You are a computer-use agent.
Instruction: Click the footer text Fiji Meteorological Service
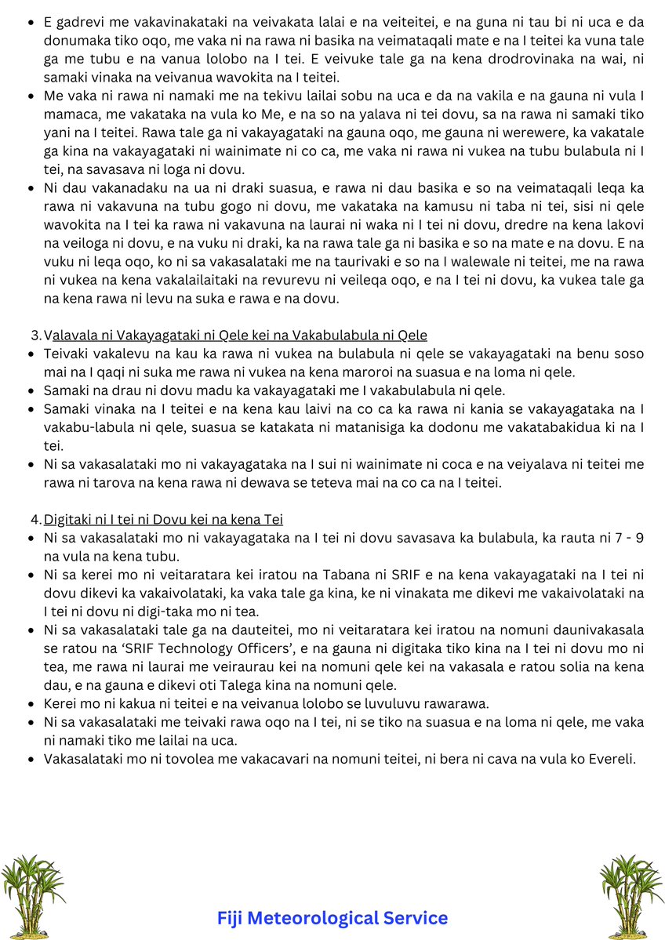332,918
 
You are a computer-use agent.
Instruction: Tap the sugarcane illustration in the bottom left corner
32,895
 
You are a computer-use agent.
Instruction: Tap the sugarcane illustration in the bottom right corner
631,895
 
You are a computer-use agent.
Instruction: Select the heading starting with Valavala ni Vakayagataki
235,336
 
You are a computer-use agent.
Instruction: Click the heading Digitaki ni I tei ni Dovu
163,519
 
